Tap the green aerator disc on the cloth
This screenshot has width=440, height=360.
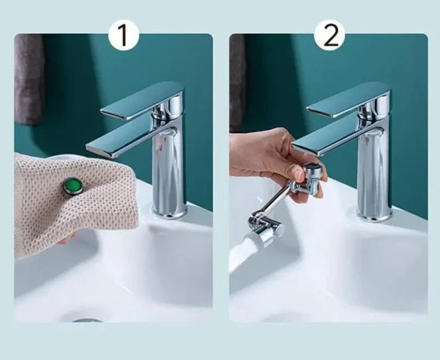[73, 186]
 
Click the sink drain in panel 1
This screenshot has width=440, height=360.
[87, 320]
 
